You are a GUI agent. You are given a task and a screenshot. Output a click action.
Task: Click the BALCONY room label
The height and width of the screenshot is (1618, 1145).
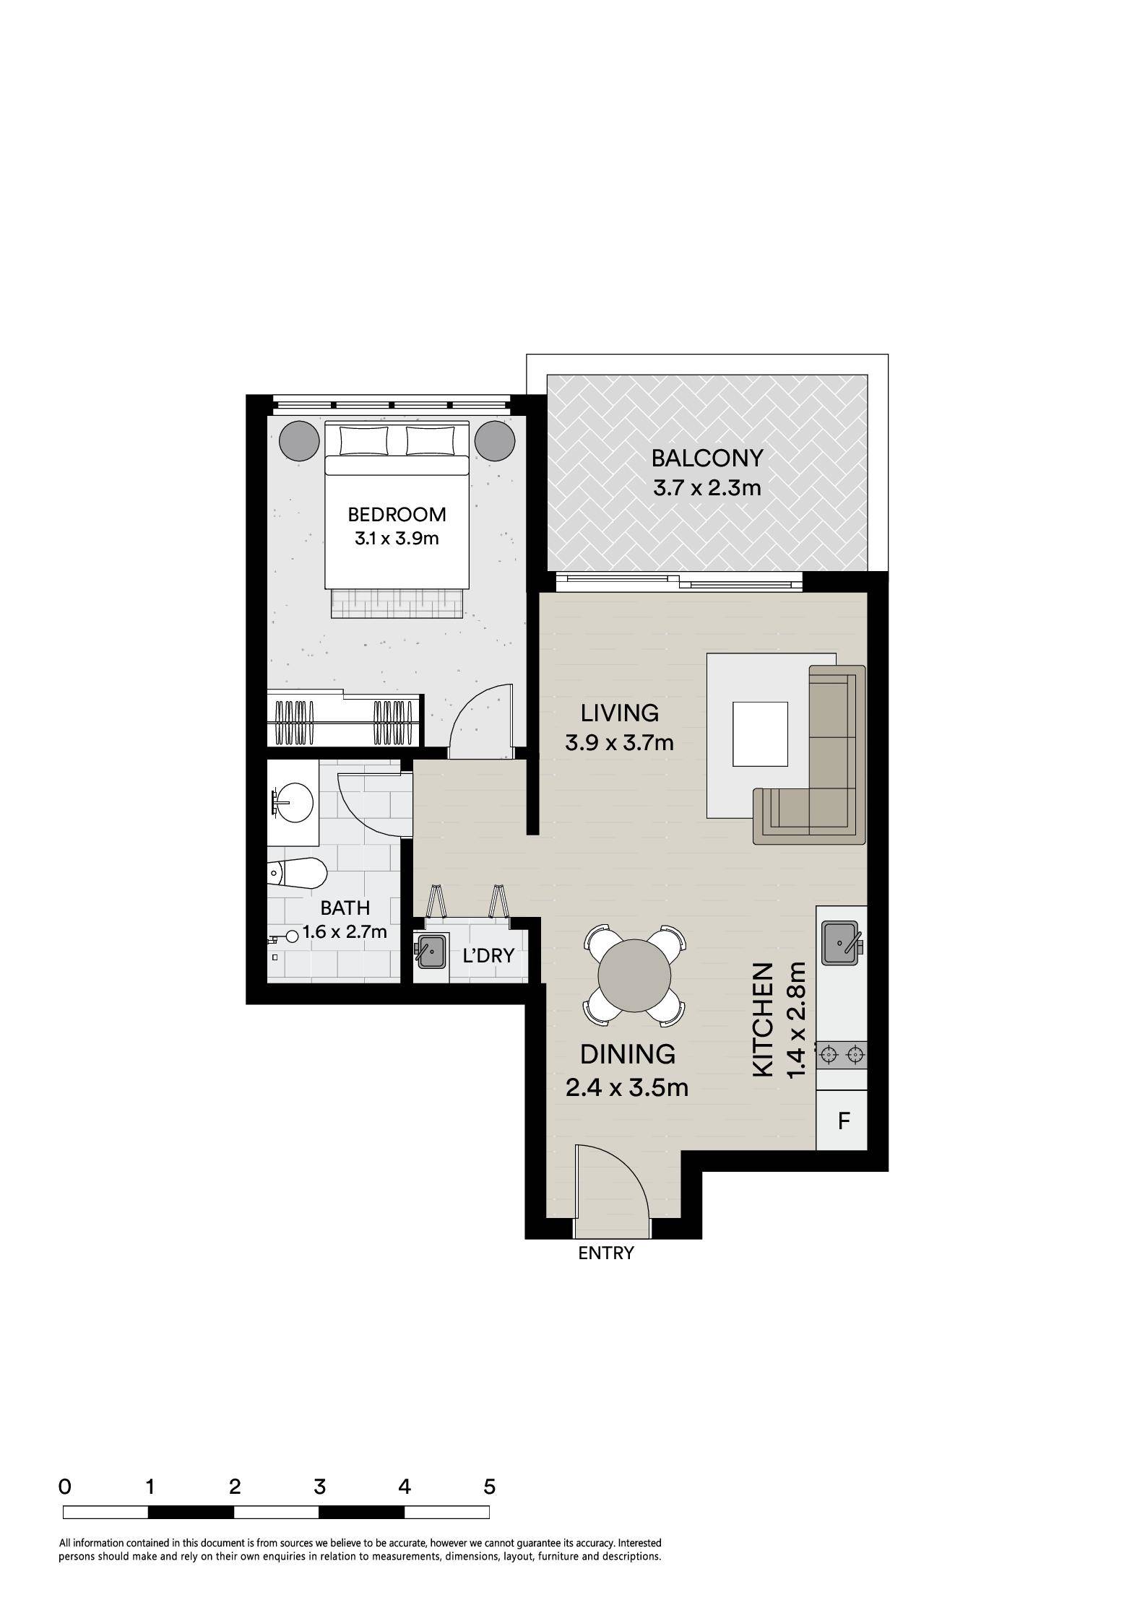(707, 458)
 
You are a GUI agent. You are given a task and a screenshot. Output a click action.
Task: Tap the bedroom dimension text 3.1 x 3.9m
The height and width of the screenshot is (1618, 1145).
(397, 538)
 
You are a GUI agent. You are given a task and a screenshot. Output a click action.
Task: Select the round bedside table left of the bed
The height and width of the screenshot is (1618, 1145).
(298, 440)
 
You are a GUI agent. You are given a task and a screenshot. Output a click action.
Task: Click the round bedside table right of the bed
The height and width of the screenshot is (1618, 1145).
(495, 440)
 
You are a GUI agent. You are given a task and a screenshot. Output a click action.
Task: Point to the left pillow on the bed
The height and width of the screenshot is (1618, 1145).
(363, 440)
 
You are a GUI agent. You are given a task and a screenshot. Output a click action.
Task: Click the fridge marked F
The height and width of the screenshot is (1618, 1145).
(842, 1121)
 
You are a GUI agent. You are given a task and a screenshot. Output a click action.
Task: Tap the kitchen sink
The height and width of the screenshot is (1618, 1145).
(840, 942)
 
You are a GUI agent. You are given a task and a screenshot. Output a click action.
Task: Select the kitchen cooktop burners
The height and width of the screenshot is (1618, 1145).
(842, 1055)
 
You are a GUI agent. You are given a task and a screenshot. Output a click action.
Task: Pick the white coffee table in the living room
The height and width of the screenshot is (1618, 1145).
(760, 734)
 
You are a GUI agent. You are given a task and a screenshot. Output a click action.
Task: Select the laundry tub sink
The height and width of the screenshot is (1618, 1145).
(431, 951)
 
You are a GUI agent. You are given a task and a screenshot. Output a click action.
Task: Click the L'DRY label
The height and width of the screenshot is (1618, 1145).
(488, 956)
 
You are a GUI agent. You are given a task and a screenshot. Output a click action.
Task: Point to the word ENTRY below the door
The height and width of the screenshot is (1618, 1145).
(606, 1253)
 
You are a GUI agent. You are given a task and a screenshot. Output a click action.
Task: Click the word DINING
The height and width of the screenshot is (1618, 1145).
(628, 1055)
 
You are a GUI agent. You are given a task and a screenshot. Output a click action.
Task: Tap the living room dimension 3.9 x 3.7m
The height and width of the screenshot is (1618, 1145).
(619, 742)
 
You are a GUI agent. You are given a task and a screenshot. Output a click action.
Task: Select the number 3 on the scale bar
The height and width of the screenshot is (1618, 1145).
(319, 1487)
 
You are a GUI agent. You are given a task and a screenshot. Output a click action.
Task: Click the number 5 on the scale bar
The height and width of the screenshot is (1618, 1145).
(490, 1487)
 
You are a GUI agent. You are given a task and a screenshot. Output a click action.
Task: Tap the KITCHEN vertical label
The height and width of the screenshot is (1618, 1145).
(763, 1019)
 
